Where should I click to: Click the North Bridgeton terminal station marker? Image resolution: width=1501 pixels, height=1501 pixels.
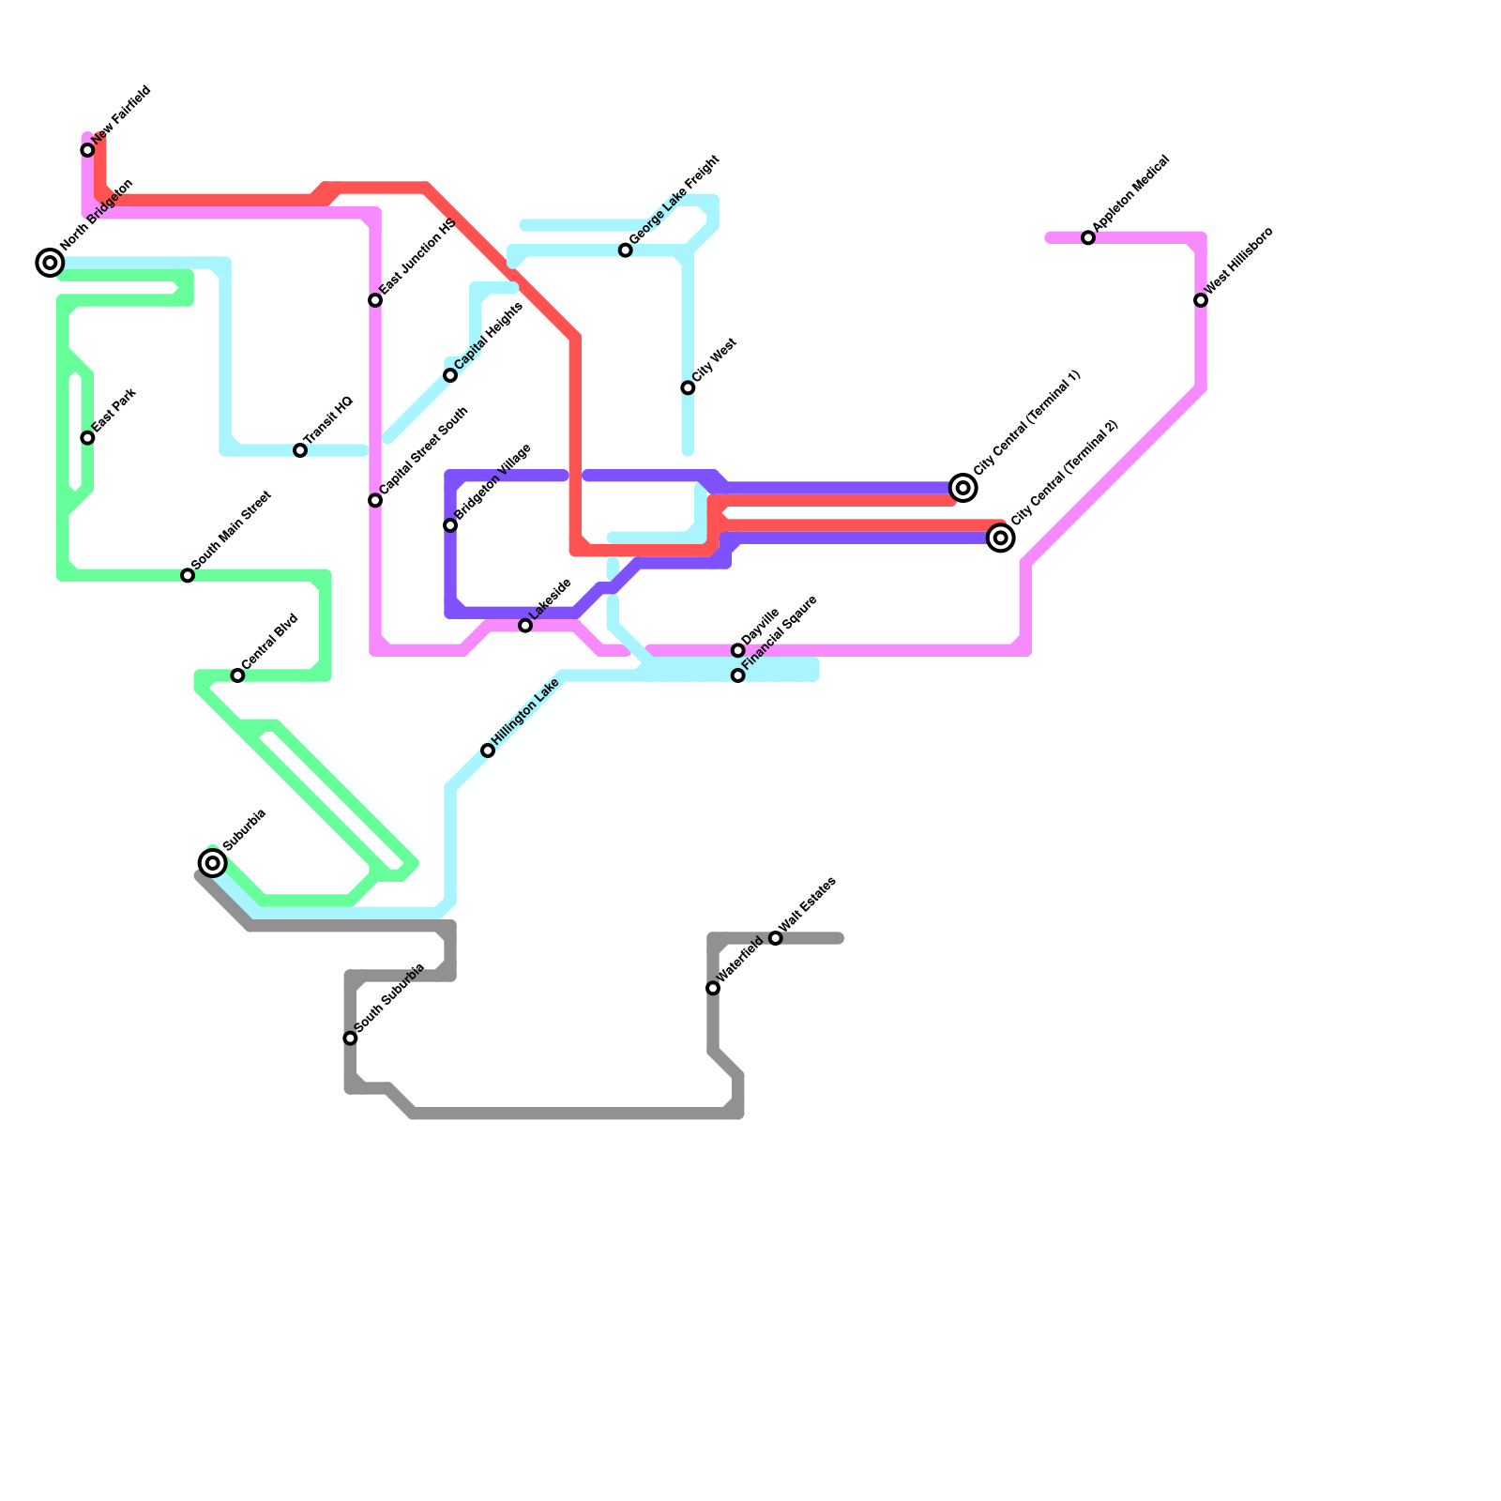pos(50,263)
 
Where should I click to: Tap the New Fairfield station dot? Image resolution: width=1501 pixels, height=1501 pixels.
pos(87,150)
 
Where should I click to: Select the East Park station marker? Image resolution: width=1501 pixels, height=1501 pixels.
pos(87,438)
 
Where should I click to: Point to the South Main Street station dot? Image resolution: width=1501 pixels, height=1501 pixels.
pos(188,575)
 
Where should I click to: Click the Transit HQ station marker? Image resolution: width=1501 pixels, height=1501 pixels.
pos(300,450)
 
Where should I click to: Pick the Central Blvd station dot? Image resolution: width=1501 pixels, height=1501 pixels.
pos(237,675)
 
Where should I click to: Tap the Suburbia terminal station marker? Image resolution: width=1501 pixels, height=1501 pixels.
pos(213,862)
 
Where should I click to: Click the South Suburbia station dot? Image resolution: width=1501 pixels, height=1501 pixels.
pos(350,1038)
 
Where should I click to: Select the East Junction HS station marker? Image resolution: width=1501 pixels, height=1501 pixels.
pos(375,300)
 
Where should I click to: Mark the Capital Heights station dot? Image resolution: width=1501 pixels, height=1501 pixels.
pos(450,375)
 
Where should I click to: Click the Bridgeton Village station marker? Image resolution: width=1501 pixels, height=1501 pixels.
pos(450,525)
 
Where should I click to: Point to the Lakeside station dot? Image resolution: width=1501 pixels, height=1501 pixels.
pos(525,626)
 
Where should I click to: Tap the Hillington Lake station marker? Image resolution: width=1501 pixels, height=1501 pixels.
pos(488,750)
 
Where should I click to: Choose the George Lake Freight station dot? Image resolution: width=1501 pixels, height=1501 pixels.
pos(626,250)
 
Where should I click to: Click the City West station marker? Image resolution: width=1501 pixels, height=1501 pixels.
pos(688,387)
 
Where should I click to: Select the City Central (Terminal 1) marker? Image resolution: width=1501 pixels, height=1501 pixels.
pos(963,488)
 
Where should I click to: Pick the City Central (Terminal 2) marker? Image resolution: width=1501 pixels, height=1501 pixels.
pos(1001,538)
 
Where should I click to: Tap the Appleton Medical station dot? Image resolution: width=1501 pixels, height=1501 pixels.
pos(1088,238)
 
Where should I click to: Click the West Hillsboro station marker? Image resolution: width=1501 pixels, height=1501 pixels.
pos(1201,300)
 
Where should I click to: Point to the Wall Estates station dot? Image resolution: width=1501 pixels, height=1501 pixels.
pos(776,938)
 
